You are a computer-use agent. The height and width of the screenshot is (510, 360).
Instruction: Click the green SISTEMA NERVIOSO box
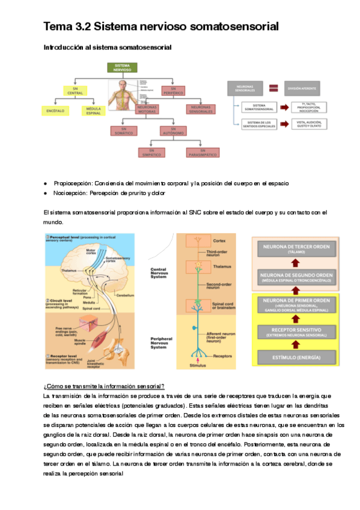(x=122, y=67)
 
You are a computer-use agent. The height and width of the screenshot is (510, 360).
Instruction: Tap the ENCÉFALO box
(x=55, y=111)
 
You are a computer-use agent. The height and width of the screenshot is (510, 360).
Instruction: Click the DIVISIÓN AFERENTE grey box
(x=307, y=88)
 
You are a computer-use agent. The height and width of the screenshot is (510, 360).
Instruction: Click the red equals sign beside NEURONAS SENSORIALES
(x=272, y=88)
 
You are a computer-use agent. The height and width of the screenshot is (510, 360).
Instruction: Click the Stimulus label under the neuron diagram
(x=198, y=364)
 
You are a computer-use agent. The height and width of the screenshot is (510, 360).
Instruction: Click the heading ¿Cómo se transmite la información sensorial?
(x=104, y=386)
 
